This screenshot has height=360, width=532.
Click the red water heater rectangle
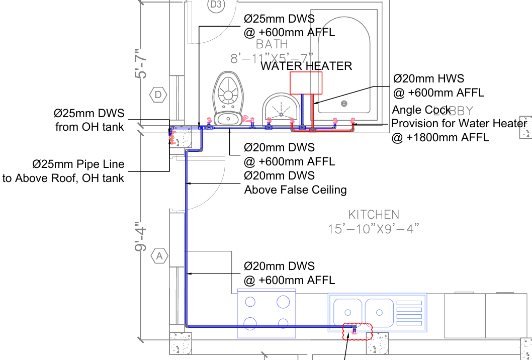coord(306,82)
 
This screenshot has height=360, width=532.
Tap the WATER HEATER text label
coord(306,66)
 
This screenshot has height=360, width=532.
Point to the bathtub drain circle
coord(344,104)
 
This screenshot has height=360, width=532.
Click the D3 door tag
coord(215,5)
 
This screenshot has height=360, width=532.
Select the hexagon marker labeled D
coord(158,94)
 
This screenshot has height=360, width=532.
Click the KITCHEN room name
coord(374,215)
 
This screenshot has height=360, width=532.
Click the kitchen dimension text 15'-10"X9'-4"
coord(374,229)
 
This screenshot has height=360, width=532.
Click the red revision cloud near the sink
coord(357,331)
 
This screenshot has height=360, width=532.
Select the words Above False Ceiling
coord(296,190)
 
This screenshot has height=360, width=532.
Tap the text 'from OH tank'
coord(90,127)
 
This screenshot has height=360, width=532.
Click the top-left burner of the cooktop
coord(250,302)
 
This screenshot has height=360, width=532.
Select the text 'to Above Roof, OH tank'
coord(63,178)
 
